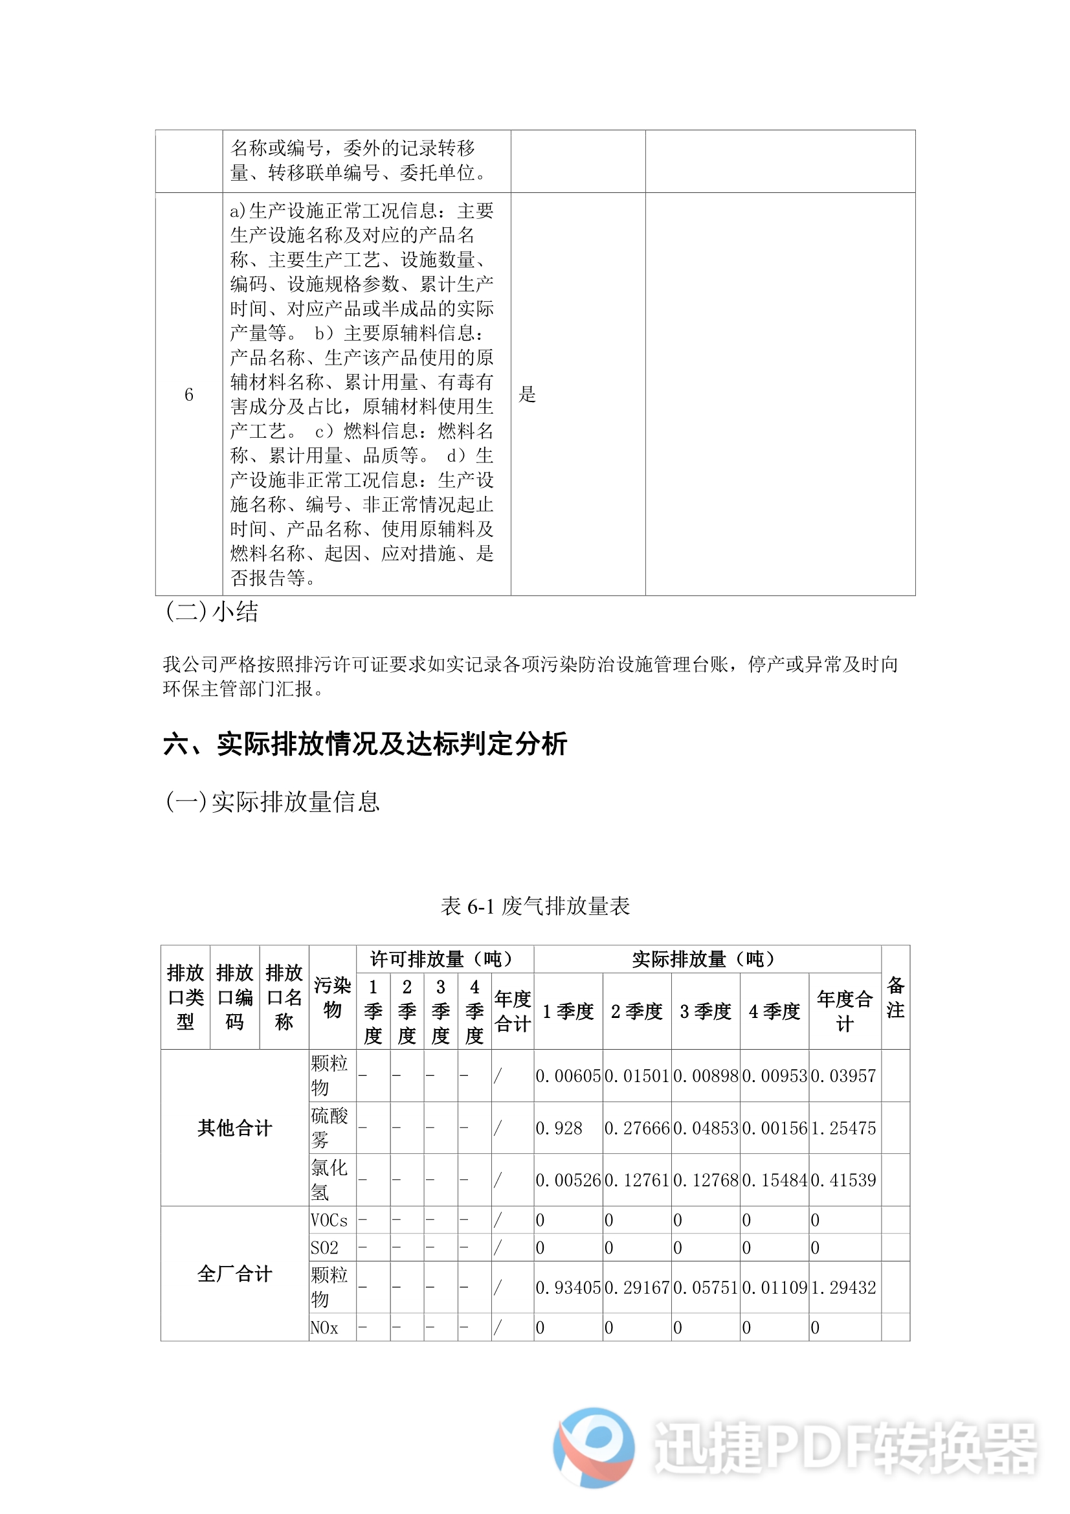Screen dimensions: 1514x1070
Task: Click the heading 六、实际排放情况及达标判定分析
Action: click(364, 744)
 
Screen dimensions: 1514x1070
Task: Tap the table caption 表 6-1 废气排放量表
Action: click(535, 906)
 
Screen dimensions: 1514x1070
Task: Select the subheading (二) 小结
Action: click(212, 611)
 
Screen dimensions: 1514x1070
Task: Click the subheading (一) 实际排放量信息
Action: click(273, 801)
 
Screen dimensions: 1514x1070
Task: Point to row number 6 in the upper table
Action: click(188, 394)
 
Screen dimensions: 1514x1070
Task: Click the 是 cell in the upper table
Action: click(528, 394)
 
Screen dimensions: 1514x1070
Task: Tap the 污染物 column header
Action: click(332, 997)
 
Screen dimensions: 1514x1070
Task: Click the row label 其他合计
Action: click(235, 1127)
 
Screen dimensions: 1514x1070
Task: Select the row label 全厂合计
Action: click(235, 1273)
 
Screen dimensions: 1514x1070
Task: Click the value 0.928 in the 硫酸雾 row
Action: click(559, 1128)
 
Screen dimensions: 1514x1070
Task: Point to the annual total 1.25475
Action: click(843, 1128)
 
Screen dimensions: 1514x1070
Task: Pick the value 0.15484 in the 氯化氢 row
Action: click(774, 1180)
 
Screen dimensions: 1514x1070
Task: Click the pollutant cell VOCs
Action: click(329, 1220)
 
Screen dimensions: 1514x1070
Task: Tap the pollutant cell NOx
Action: click(324, 1328)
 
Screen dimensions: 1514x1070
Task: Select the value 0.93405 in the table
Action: click(568, 1287)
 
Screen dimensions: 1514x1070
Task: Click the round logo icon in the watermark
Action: click(594, 1447)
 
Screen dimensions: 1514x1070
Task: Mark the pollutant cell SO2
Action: click(324, 1248)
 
